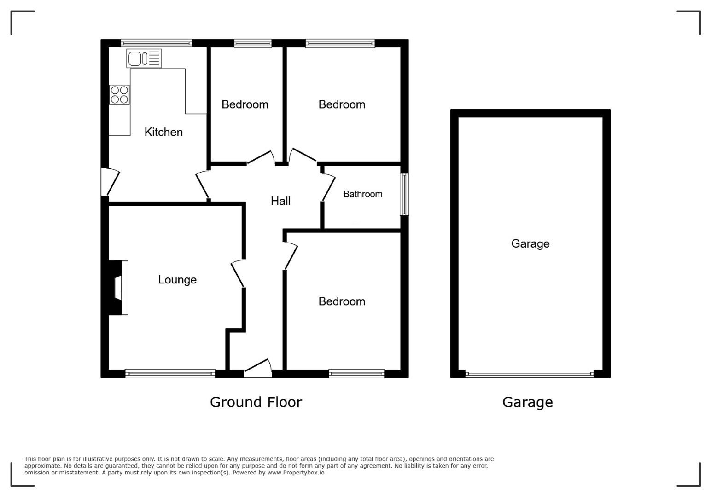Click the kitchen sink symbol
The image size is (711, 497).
[x=144, y=58]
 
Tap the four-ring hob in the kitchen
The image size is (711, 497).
[x=119, y=95]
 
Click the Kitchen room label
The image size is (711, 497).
[x=163, y=132]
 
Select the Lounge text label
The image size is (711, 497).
[x=177, y=280]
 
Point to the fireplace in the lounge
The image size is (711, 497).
[x=118, y=288]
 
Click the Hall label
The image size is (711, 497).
[x=280, y=201]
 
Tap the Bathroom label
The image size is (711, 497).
[x=363, y=194]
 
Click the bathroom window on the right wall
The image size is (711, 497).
[x=404, y=194]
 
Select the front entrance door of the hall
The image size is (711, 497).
[x=258, y=368]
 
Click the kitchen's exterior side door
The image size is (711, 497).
[x=110, y=182]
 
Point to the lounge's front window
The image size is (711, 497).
[x=170, y=374]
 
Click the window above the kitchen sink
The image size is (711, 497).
[x=156, y=43]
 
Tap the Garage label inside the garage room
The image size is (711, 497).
[x=530, y=243]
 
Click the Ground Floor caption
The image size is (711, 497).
[x=256, y=402]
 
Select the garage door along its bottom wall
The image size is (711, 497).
[x=530, y=374]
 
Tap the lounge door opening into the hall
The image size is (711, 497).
[x=238, y=273]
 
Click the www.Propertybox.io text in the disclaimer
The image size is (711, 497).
[x=296, y=473]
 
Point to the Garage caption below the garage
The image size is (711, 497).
[x=528, y=402]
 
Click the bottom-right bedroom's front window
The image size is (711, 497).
[x=356, y=374]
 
